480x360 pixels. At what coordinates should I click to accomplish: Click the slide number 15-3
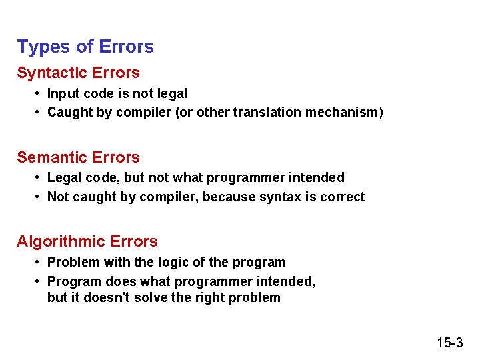point(450,343)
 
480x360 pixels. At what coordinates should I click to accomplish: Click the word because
point(228,197)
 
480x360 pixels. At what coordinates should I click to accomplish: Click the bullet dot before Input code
point(38,94)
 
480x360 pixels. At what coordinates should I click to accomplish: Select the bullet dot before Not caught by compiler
point(38,197)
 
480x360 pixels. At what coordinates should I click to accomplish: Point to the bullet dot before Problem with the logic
point(38,262)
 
